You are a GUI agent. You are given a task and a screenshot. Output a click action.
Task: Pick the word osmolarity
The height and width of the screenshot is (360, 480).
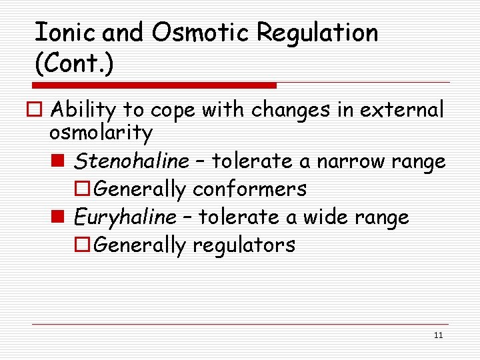(101, 133)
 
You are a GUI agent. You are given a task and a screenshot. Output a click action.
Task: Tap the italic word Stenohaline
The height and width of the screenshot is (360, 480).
(131, 161)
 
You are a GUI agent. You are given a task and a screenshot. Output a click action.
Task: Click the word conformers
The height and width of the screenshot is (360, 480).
(249, 189)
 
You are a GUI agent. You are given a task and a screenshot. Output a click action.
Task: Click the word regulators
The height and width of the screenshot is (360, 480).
(243, 245)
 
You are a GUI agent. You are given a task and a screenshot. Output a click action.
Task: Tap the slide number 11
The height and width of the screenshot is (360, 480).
(437, 335)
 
